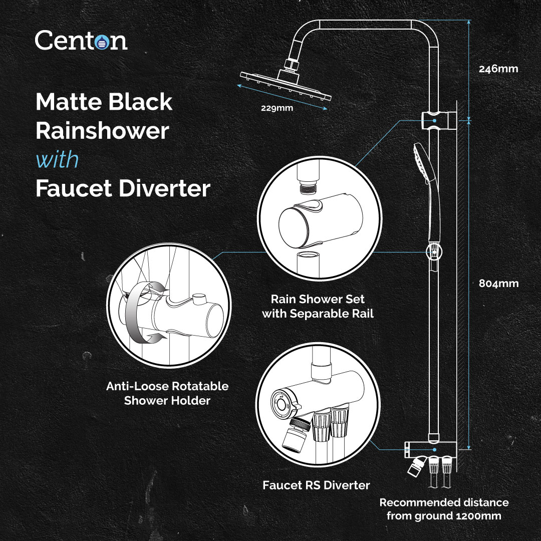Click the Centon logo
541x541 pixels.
point(81,40)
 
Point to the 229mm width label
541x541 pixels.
point(277,108)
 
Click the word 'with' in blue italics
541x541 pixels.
point(57,160)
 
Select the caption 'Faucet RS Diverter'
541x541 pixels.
point(316,485)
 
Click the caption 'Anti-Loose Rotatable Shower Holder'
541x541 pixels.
point(167,393)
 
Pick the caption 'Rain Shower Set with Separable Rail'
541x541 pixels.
point(318,307)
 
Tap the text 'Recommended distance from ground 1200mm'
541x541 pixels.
point(444,509)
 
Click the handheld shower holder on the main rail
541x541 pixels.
point(432,252)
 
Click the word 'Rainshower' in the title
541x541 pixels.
point(102,131)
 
